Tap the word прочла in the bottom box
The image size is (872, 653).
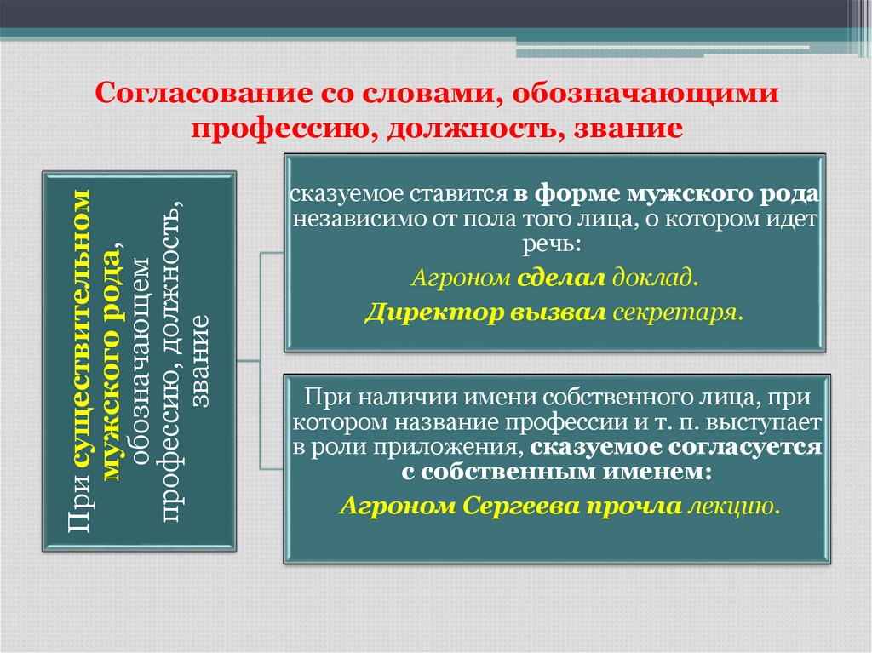pyautogui.click(x=637, y=506)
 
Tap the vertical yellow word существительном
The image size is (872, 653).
pyautogui.click(x=78, y=336)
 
